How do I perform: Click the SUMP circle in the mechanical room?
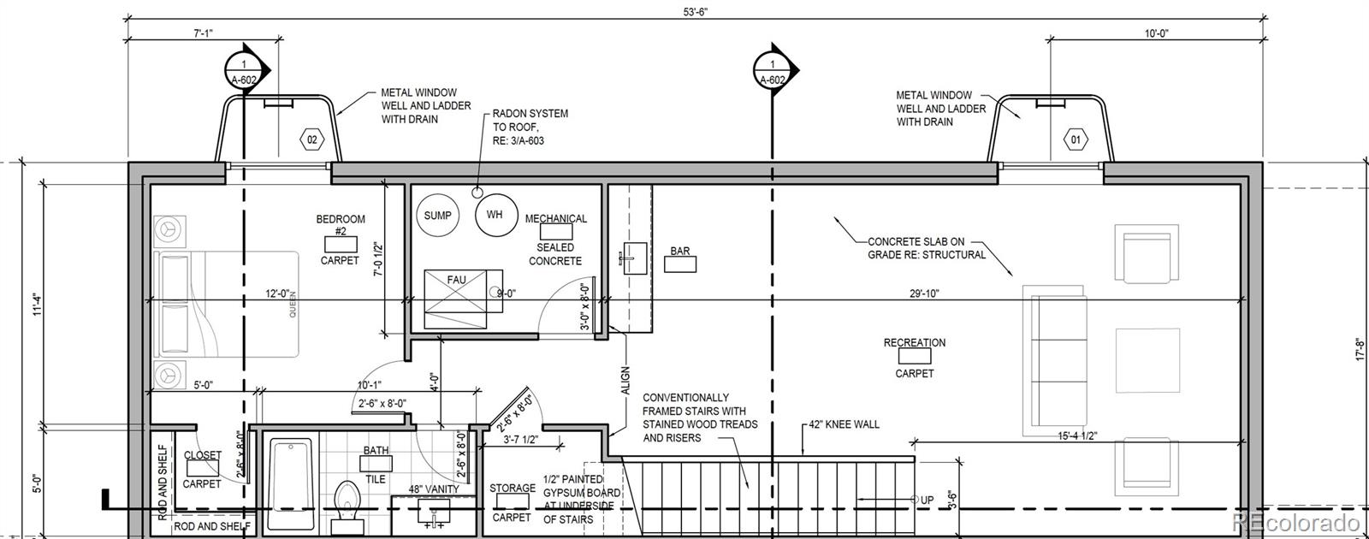click(437, 215)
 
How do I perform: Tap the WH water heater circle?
click(496, 215)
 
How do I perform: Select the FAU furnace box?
click(456, 299)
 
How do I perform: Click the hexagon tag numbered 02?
click(311, 140)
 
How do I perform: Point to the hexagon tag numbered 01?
click(1075, 139)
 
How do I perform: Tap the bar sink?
click(635, 258)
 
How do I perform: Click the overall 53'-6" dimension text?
click(695, 12)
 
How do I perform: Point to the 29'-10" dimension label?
click(924, 293)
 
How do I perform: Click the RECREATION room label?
click(915, 343)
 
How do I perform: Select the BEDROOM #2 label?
click(341, 224)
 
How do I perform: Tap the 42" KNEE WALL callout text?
click(844, 424)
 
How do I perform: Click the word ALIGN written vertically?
click(625, 380)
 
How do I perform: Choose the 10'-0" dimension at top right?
click(1156, 33)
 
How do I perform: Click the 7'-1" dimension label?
click(203, 33)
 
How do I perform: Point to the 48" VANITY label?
click(433, 489)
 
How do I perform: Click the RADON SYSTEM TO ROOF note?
click(530, 127)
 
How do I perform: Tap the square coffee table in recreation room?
click(1147, 360)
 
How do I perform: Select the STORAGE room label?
click(513, 489)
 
